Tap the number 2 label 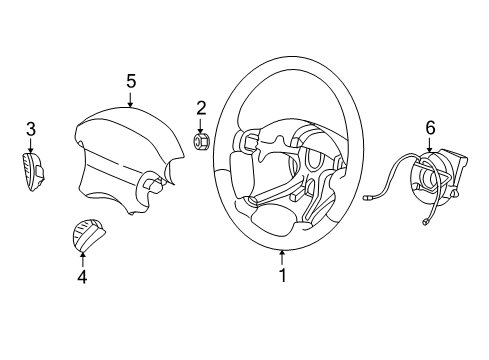pyautogui.click(x=201, y=107)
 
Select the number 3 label pyautogui.click(x=31, y=128)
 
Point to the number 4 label pyautogui.click(x=82, y=275)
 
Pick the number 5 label pyautogui.click(x=131, y=79)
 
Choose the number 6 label pyautogui.click(x=431, y=127)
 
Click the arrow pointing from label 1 pyautogui.click(x=282, y=257)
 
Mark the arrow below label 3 pyautogui.click(x=31, y=145)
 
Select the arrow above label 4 pyautogui.click(x=82, y=257)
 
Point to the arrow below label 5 pyautogui.click(x=131, y=98)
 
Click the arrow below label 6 pyautogui.click(x=431, y=145)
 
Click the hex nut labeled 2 pyautogui.click(x=201, y=141)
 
